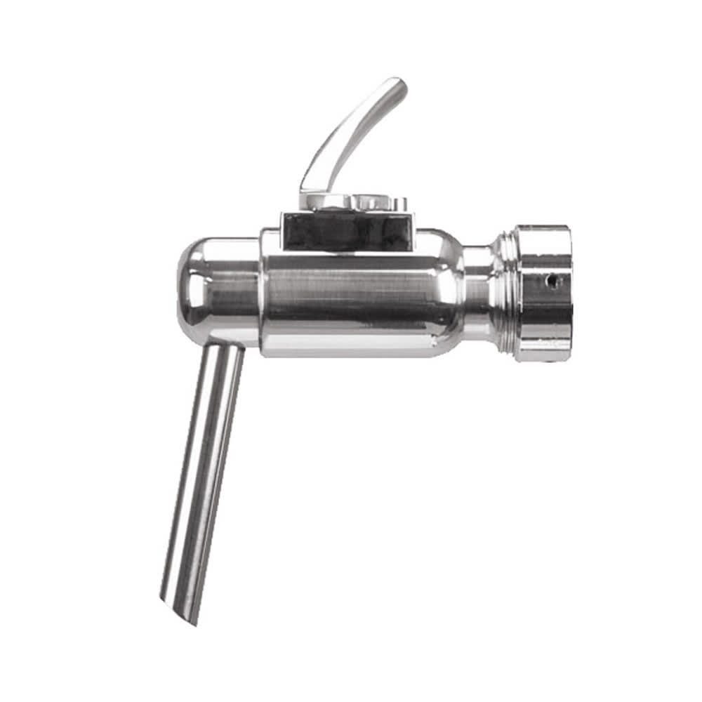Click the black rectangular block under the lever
pyautogui.click(x=347, y=232)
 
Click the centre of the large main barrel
pyautogui.click(x=351, y=295)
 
